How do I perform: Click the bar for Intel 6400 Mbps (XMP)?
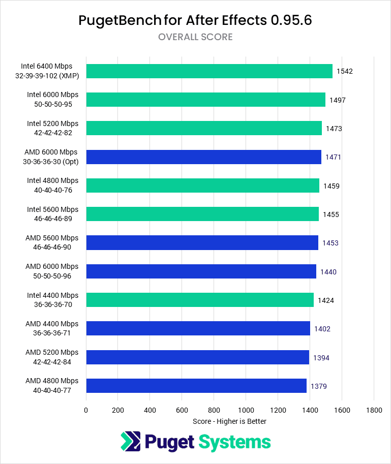point(209,71)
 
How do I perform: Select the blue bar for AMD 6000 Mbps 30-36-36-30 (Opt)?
point(203,157)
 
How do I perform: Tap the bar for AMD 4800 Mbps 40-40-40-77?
point(196,386)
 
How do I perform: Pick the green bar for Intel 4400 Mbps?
point(200,300)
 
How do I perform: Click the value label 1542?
point(345,71)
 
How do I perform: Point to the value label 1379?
point(319,386)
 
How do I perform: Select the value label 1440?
point(328,272)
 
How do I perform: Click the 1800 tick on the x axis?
point(374,410)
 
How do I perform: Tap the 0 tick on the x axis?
point(86,410)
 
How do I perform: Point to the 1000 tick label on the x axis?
point(246,410)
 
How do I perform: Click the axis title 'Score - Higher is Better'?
point(230,421)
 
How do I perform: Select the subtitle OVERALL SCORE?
point(195,37)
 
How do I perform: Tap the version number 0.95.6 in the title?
point(292,20)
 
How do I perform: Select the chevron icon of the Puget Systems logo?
point(130,442)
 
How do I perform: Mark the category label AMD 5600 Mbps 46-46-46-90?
point(52,242)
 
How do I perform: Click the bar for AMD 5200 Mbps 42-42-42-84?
point(197,357)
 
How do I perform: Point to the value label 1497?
point(338,100)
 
